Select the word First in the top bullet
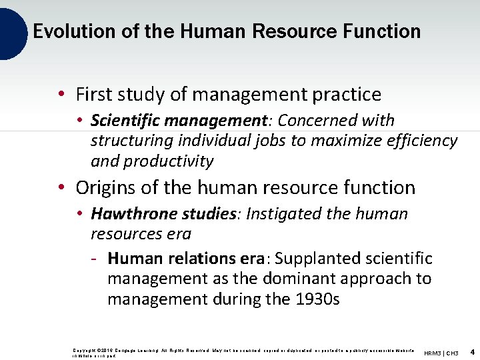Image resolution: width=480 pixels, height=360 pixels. [x=93, y=95]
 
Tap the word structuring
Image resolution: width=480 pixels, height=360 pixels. [x=130, y=141]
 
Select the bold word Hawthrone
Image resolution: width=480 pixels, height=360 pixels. [x=125, y=214]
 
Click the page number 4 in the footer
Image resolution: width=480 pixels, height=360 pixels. [x=471, y=351]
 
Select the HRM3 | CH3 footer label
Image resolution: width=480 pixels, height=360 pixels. [x=441, y=352]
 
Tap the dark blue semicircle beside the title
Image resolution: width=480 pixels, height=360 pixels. [x=12, y=31]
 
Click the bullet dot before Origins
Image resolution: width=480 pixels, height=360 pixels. [x=61, y=189]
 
